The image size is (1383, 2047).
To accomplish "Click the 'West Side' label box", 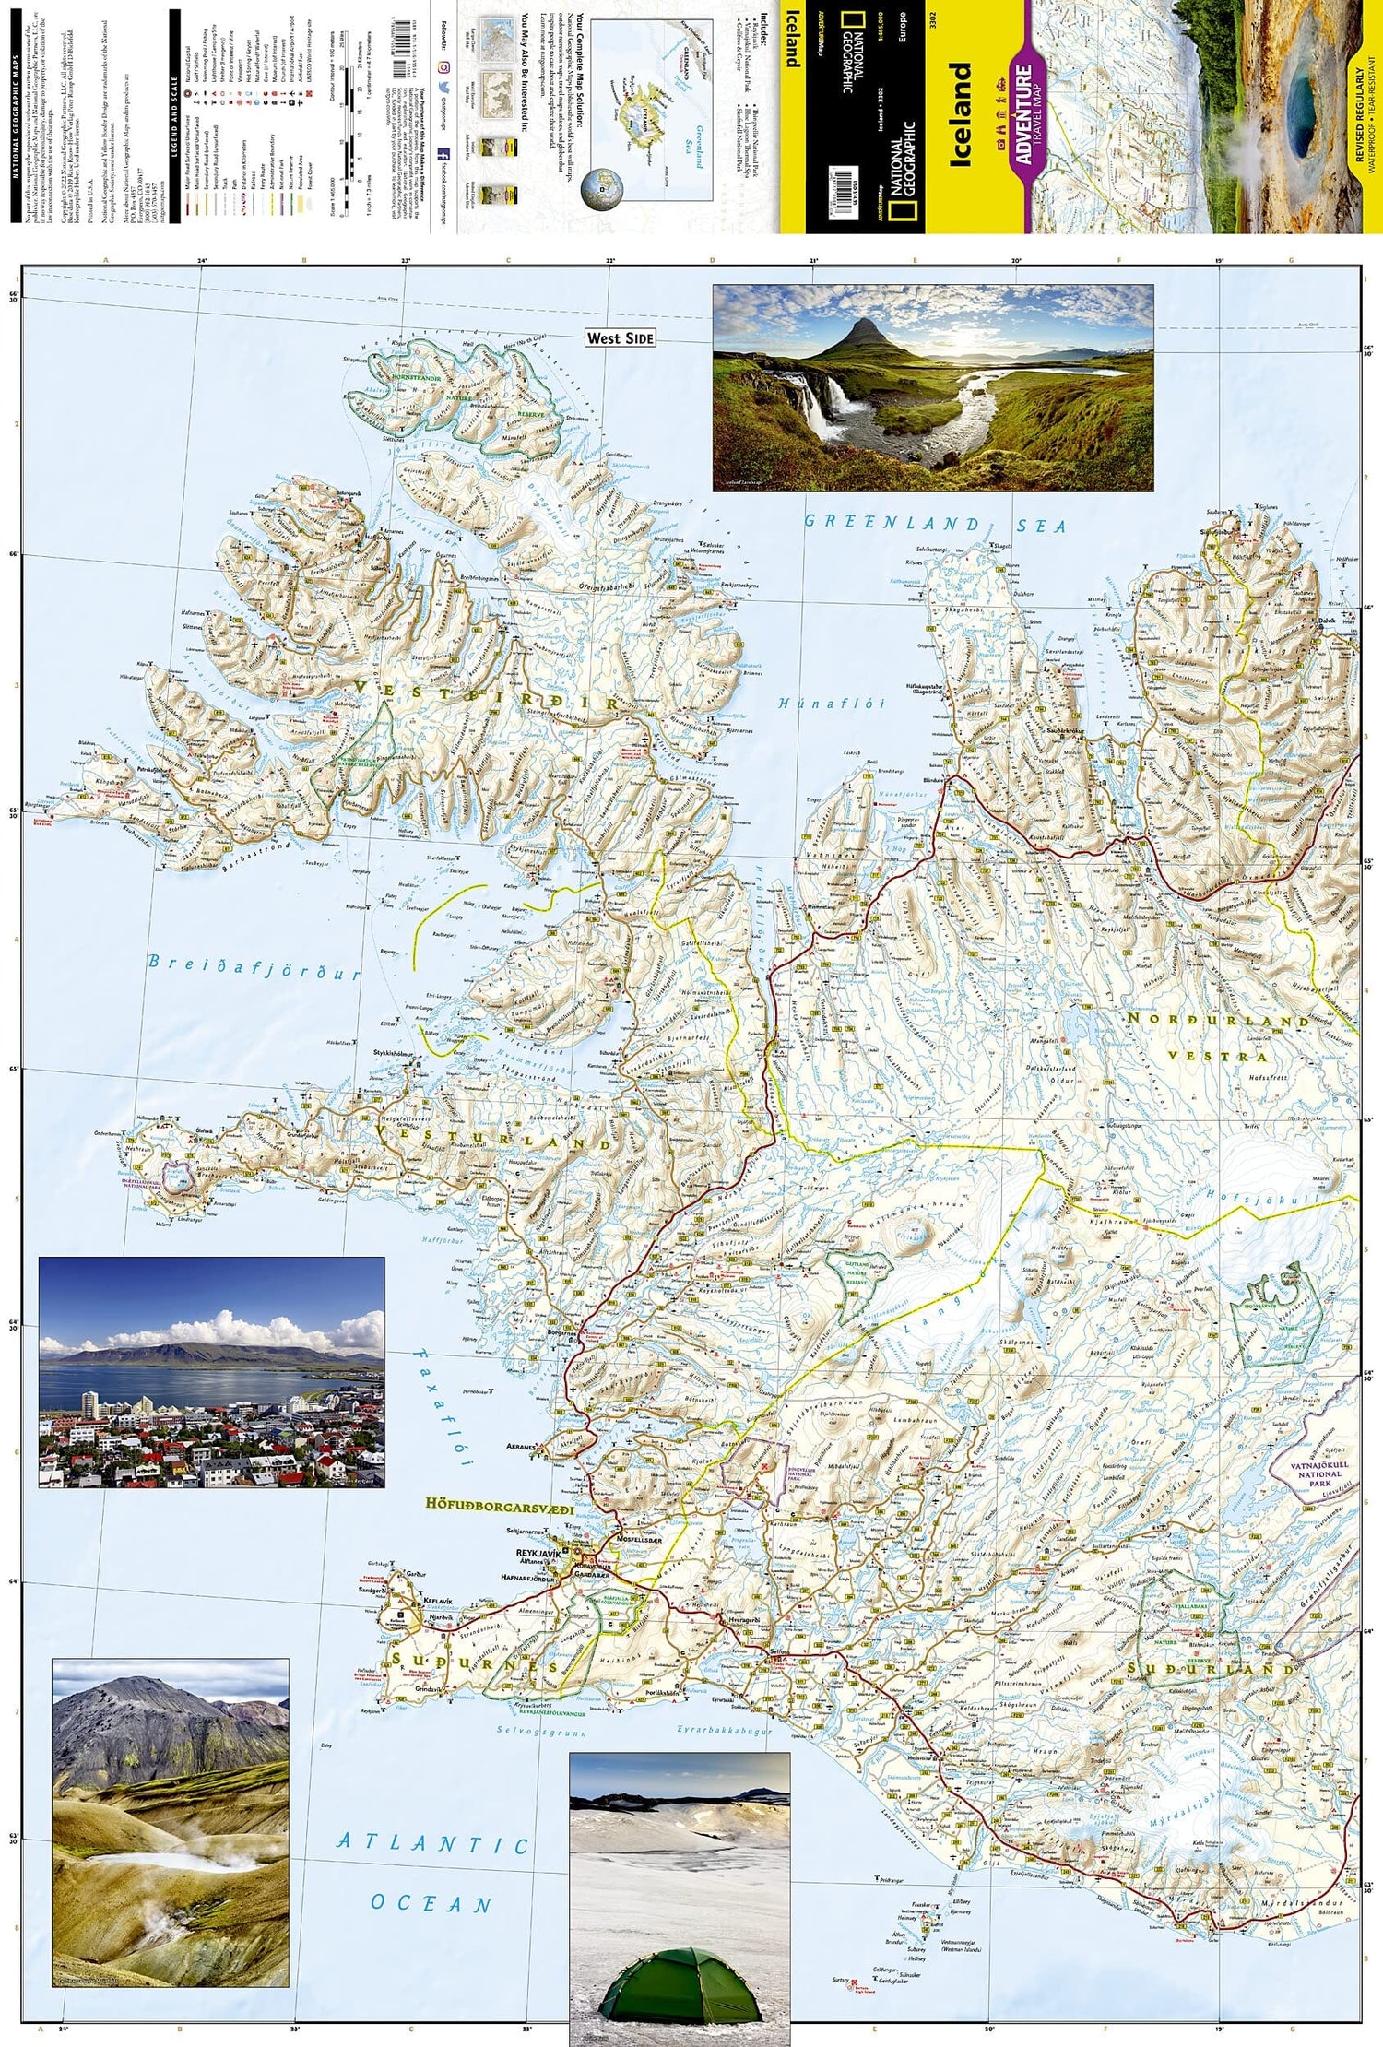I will (620, 338).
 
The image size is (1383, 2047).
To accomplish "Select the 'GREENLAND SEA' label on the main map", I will (934, 524).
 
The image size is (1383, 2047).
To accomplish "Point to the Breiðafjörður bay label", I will (254, 964).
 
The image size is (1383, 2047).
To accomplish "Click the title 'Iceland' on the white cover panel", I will (961, 114).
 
